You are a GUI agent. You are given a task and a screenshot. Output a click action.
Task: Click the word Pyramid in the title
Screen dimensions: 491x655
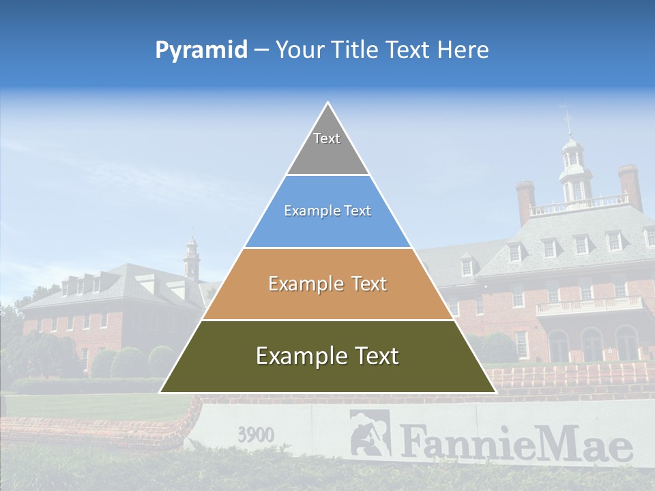(x=201, y=50)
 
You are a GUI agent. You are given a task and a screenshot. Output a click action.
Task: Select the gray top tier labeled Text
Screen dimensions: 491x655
(x=327, y=147)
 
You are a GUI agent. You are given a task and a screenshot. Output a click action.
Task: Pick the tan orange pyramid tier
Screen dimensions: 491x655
(x=327, y=284)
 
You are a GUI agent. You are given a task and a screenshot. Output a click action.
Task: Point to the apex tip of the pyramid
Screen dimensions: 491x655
(x=328, y=104)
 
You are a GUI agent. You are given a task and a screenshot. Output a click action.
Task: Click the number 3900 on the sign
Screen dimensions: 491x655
(x=256, y=434)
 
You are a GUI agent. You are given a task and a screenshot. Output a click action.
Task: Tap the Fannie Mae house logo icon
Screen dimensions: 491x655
(x=370, y=432)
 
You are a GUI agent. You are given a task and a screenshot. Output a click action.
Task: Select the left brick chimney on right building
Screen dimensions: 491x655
(x=525, y=201)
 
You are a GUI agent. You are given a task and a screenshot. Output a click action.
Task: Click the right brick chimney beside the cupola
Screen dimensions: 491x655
(x=630, y=185)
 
